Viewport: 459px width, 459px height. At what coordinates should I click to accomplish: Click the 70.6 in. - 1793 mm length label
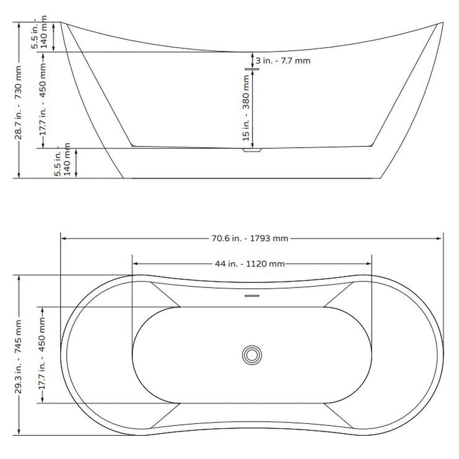(250, 238)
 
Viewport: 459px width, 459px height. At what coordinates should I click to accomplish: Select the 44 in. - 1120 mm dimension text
(250, 264)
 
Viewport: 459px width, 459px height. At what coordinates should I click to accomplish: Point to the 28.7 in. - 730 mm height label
(18, 102)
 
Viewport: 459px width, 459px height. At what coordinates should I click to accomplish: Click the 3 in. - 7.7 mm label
(283, 61)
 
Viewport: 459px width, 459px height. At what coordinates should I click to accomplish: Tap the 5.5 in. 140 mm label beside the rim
(39, 32)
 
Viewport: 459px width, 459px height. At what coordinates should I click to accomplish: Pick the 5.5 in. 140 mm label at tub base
(62, 159)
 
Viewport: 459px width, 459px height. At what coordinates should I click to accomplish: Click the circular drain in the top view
(252, 355)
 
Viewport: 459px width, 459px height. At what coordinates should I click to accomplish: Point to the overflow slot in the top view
(252, 296)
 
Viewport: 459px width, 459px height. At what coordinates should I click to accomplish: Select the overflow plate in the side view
(252, 69)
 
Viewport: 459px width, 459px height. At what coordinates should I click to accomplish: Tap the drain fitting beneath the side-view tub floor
(252, 150)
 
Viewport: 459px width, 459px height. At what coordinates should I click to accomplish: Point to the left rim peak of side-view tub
(61, 23)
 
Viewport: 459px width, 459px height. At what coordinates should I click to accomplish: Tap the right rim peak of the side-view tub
(442, 23)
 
